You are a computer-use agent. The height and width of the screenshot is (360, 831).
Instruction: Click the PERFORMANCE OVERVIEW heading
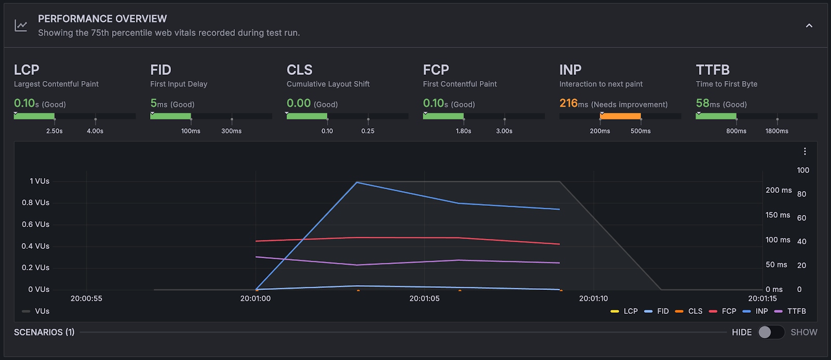[102, 19]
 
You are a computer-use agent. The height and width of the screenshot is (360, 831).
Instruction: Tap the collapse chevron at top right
[809, 25]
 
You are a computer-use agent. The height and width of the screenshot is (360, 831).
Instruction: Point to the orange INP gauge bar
[620, 116]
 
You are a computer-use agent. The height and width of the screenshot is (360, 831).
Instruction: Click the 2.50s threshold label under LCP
[54, 131]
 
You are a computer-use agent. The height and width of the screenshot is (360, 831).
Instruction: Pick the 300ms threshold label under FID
[231, 131]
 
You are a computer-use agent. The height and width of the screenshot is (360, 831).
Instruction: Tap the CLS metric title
[299, 70]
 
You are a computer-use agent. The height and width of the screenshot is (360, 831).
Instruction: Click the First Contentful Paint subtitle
[460, 84]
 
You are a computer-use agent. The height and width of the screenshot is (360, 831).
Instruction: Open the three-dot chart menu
[805, 151]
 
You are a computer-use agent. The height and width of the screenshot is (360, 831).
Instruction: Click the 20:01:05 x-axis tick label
[424, 299]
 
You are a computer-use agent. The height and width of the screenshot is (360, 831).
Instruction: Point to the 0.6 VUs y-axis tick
[35, 224]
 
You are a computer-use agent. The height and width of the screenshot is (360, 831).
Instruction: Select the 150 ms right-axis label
[778, 215]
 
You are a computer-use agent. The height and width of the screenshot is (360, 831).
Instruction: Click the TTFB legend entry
[796, 311]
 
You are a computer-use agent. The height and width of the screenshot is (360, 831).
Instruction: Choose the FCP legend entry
[728, 311]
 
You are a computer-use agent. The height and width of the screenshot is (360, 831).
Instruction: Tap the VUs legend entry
[42, 311]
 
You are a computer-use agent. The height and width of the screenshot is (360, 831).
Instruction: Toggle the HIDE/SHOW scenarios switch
[771, 332]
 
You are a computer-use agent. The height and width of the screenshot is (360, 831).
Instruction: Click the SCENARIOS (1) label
[44, 332]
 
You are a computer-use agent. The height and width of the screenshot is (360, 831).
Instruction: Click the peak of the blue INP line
[357, 182]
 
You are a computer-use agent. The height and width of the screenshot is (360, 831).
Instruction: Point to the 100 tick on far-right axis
[802, 170]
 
